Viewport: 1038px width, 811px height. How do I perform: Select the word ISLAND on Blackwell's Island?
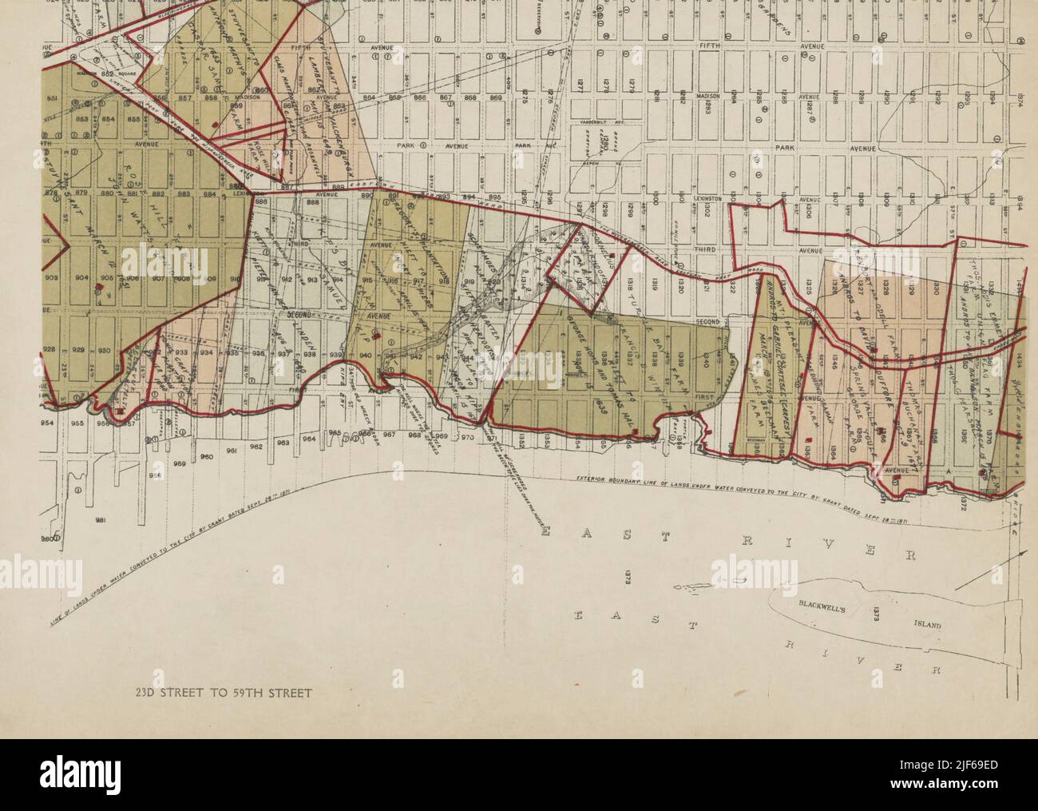[x=924, y=626]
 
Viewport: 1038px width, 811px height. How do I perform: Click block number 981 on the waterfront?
[x=101, y=521]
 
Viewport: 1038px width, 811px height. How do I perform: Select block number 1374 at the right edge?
[x=1019, y=97]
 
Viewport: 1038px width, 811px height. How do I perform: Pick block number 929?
[x=78, y=350]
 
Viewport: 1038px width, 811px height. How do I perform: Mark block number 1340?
[x=706, y=358]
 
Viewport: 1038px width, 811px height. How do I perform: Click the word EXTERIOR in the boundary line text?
[x=596, y=479]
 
